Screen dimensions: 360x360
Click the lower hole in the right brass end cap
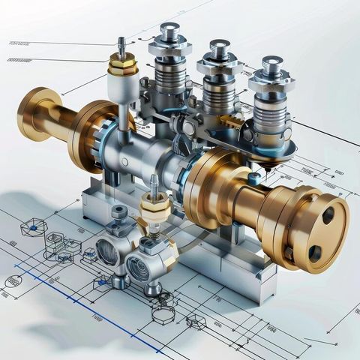click(x=315, y=253)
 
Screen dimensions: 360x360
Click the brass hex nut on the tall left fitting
click(x=122, y=65)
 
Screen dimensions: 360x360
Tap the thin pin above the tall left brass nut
click(x=121, y=45)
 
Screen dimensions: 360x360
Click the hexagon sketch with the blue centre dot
click(x=33, y=228)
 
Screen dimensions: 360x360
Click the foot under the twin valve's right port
click(x=152, y=289)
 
